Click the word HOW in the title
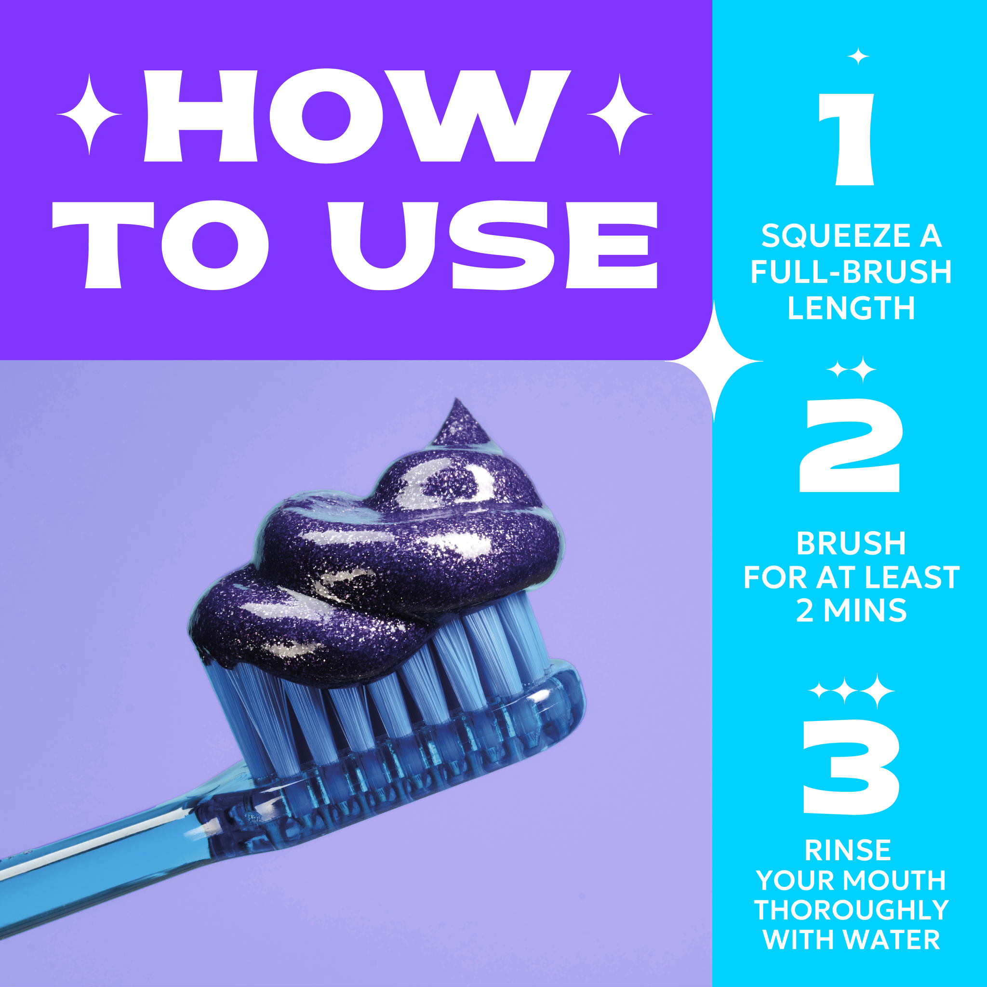357,116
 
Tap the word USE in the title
494,245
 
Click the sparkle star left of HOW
90,114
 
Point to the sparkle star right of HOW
619,114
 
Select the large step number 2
850,445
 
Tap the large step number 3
851,766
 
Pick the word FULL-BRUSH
851,272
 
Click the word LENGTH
851,308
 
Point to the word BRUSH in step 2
851,543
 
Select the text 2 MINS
851,611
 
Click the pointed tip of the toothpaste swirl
457,400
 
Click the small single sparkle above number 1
858,56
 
